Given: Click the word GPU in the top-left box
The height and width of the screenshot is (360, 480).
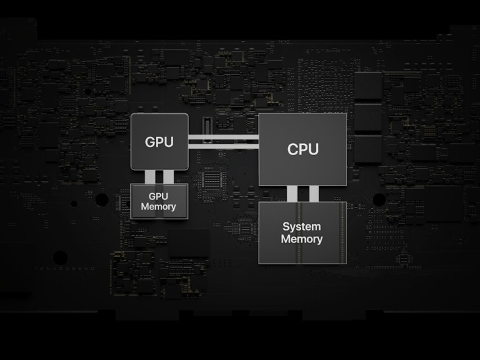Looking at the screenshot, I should (159, 141).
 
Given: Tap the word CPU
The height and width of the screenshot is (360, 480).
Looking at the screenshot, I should (302, 149).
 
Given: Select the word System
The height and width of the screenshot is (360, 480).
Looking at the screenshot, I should (302, 227).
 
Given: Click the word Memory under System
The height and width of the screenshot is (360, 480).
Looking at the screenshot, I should (302, 239).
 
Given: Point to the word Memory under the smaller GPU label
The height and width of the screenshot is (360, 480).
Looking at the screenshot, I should (158, 207).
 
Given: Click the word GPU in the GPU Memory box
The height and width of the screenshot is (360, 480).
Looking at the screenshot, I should (158, 197).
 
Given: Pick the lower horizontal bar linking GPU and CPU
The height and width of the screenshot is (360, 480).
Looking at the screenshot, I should (223, 147).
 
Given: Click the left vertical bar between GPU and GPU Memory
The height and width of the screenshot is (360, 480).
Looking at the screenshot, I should (150, 177).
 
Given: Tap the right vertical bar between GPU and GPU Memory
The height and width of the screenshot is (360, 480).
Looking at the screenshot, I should (168, 177).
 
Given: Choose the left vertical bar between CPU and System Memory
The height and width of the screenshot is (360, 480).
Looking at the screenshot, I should (292, 194).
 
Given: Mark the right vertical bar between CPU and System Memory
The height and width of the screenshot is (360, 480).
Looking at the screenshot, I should (314, 194).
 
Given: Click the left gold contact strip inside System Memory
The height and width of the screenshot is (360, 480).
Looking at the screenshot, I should (299, 232).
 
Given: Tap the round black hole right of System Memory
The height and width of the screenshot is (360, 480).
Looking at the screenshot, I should (378, 199).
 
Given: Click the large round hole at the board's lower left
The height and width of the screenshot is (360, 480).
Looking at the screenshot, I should (60, 257).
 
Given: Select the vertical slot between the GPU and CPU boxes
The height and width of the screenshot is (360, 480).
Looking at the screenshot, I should (206, 129).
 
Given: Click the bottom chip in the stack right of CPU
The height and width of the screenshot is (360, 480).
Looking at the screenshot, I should (368, 149).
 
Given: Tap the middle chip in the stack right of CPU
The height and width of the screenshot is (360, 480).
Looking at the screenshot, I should (368, 117).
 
